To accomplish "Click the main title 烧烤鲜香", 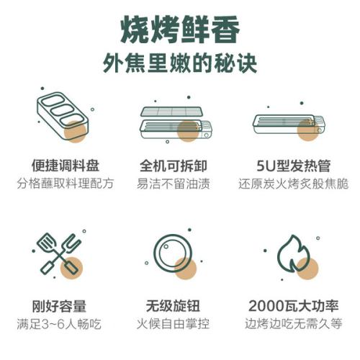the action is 180,30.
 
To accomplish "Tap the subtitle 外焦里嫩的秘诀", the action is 180,63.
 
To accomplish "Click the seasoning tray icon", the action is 63,117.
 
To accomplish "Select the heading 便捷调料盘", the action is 66,166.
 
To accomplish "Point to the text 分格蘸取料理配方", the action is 66,184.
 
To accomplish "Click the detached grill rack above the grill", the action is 171,112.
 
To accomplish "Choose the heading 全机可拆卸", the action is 174,166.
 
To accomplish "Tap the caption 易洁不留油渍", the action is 174,184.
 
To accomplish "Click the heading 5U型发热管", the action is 293,166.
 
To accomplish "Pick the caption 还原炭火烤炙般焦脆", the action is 293,184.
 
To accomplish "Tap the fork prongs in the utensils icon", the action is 72,243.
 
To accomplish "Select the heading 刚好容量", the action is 59,306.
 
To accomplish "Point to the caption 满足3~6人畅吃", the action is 59,324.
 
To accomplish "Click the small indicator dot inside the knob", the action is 166,246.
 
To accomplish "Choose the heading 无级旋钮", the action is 173,306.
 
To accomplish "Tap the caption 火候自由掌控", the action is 173,324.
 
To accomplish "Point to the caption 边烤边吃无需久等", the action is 293,324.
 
